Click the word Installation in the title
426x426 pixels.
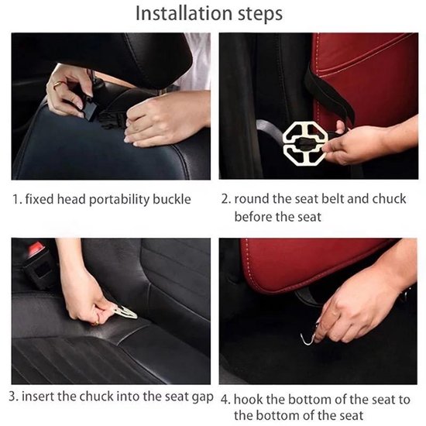point(184,13)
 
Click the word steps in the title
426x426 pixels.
point(260,14)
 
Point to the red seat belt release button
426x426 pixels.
point(35,248)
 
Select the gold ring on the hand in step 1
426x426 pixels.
point(58,84)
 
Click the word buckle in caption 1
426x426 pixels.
point(172,199)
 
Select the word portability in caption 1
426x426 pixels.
point(119,201)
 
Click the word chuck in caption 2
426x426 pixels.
point(389,199)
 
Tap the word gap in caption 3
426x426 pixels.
point(202,398)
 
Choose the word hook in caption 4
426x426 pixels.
point(249,400)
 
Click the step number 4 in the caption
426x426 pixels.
point(225,400)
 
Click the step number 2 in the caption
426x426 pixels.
point(226,199)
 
